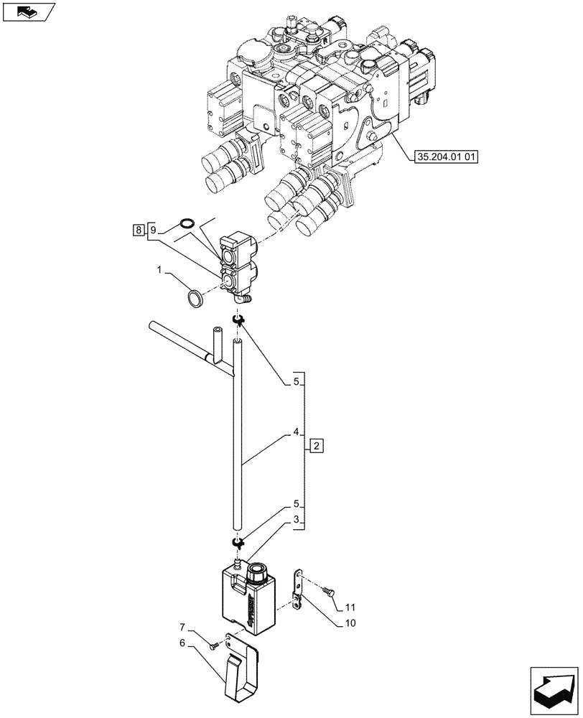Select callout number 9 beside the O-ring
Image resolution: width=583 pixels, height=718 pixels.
click(152, 230)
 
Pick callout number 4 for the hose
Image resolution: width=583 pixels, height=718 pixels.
click(295, 433)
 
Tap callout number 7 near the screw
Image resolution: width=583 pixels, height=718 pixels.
click(182, 627)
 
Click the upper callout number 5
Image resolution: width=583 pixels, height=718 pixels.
click(295, 383)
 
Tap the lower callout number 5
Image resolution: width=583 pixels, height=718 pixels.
click(295, 505)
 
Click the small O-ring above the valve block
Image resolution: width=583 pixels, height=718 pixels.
click(186, 223)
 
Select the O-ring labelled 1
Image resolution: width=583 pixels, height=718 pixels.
click(195, 297)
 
